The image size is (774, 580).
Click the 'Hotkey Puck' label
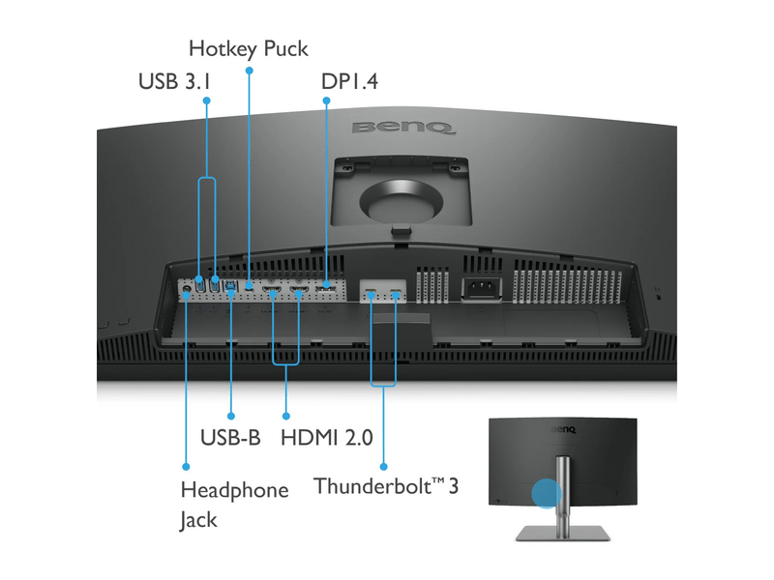[249, 47]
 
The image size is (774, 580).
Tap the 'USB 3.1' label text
[174, 82]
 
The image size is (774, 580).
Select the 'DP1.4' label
[349, 82]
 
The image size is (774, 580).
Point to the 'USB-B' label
[230, 437]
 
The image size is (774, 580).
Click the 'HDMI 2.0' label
[325, 437]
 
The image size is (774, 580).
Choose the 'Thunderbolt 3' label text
[385, 484]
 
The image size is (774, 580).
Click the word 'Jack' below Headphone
[198, 519]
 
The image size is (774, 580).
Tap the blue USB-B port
[230, 285]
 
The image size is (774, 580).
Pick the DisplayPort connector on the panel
[326, 286]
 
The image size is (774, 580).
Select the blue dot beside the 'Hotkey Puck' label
[249, 71]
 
